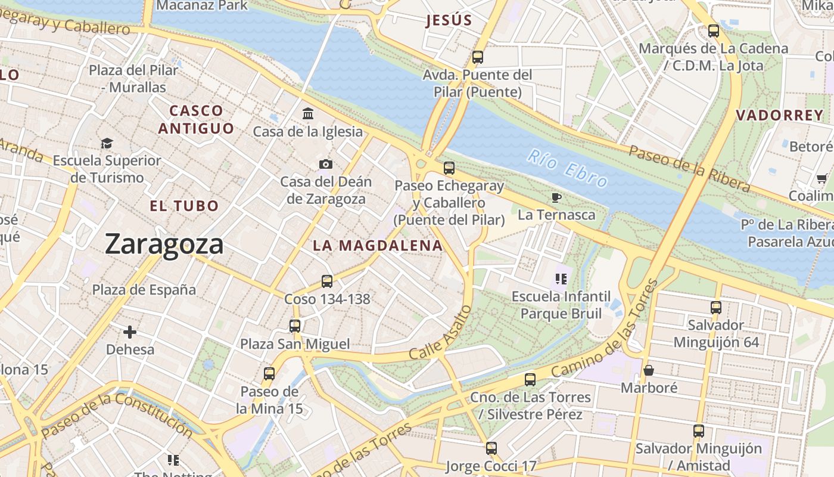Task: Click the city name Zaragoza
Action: tap(164, 244)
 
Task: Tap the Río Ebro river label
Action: tap(568, 169)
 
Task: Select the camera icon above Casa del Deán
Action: tap(326, 164)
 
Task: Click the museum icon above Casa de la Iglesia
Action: tap(308, 113)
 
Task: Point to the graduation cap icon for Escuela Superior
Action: tap(107, 143)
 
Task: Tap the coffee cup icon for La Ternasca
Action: tap(556, 197)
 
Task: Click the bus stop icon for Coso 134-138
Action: tap(327, 281)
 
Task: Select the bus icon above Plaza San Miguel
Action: tap(295, 326)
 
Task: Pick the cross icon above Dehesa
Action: tap(130, 332)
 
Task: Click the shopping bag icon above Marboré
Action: tap(649, 370)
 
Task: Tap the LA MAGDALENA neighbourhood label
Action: tap(378, 246)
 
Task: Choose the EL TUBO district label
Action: tap(184, 206)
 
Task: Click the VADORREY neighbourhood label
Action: tap(779, 116)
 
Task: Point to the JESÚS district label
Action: tap(449, 21)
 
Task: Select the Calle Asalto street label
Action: tap(440, 333)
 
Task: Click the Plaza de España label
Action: tap(144, 290)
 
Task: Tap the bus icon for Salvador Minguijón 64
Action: tap(716, 308)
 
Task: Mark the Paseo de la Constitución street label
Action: tap(117, 415)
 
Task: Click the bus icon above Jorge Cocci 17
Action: tap(491, 448)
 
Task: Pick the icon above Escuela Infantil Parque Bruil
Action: tap(561, 278)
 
